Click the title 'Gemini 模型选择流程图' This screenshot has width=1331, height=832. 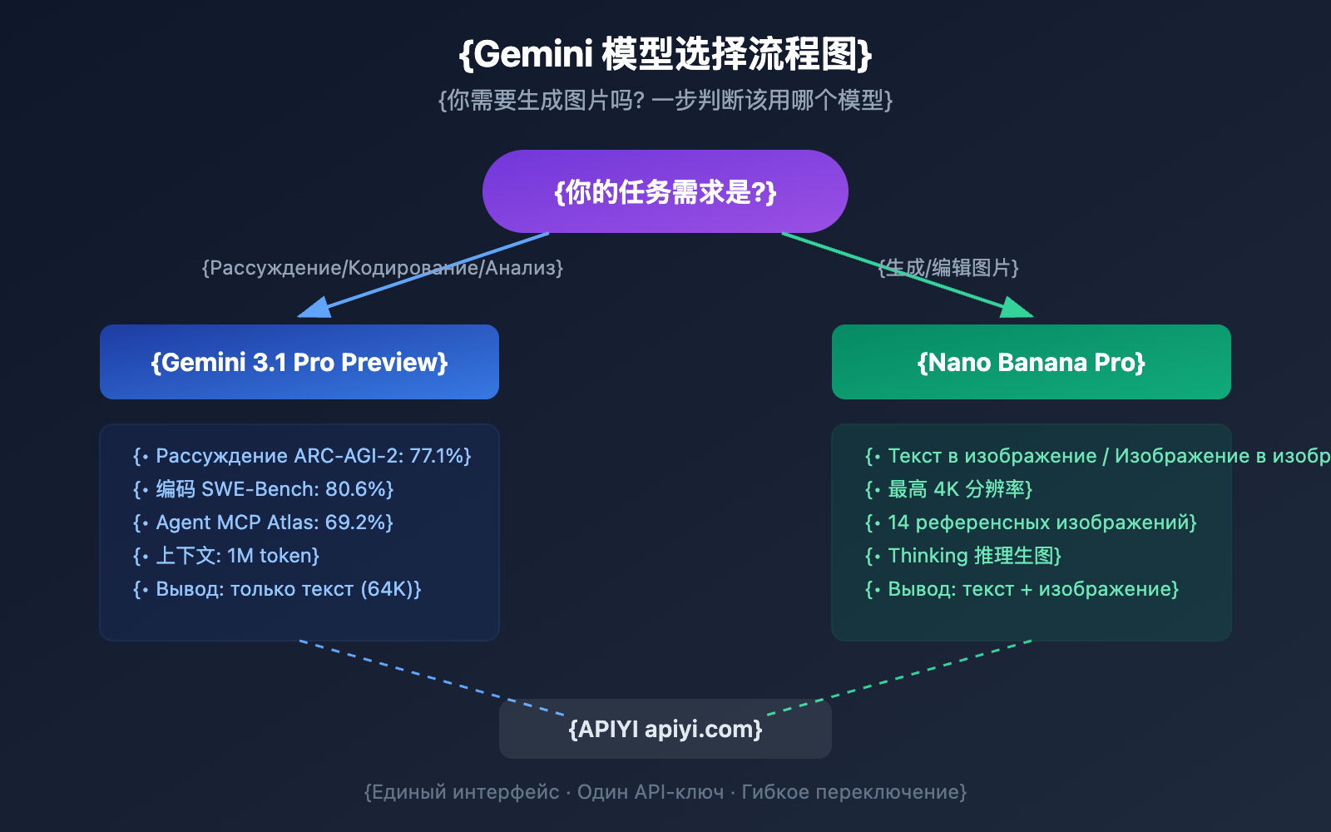[x=665, y=55]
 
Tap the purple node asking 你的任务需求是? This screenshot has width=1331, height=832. [x=665, y=192]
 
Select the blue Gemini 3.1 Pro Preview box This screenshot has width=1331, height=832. [x=299, y=362]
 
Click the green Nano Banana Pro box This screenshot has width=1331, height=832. [x=1032, y=362]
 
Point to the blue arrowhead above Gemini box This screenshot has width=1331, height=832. [x=314, y=309]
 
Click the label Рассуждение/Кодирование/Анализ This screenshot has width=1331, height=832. [x=383, y=268]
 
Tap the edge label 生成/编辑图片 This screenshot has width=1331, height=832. [x=948, y=268]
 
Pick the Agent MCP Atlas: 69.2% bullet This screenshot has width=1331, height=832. [x=263, y=522]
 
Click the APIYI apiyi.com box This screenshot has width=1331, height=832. [x=665, y=729]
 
